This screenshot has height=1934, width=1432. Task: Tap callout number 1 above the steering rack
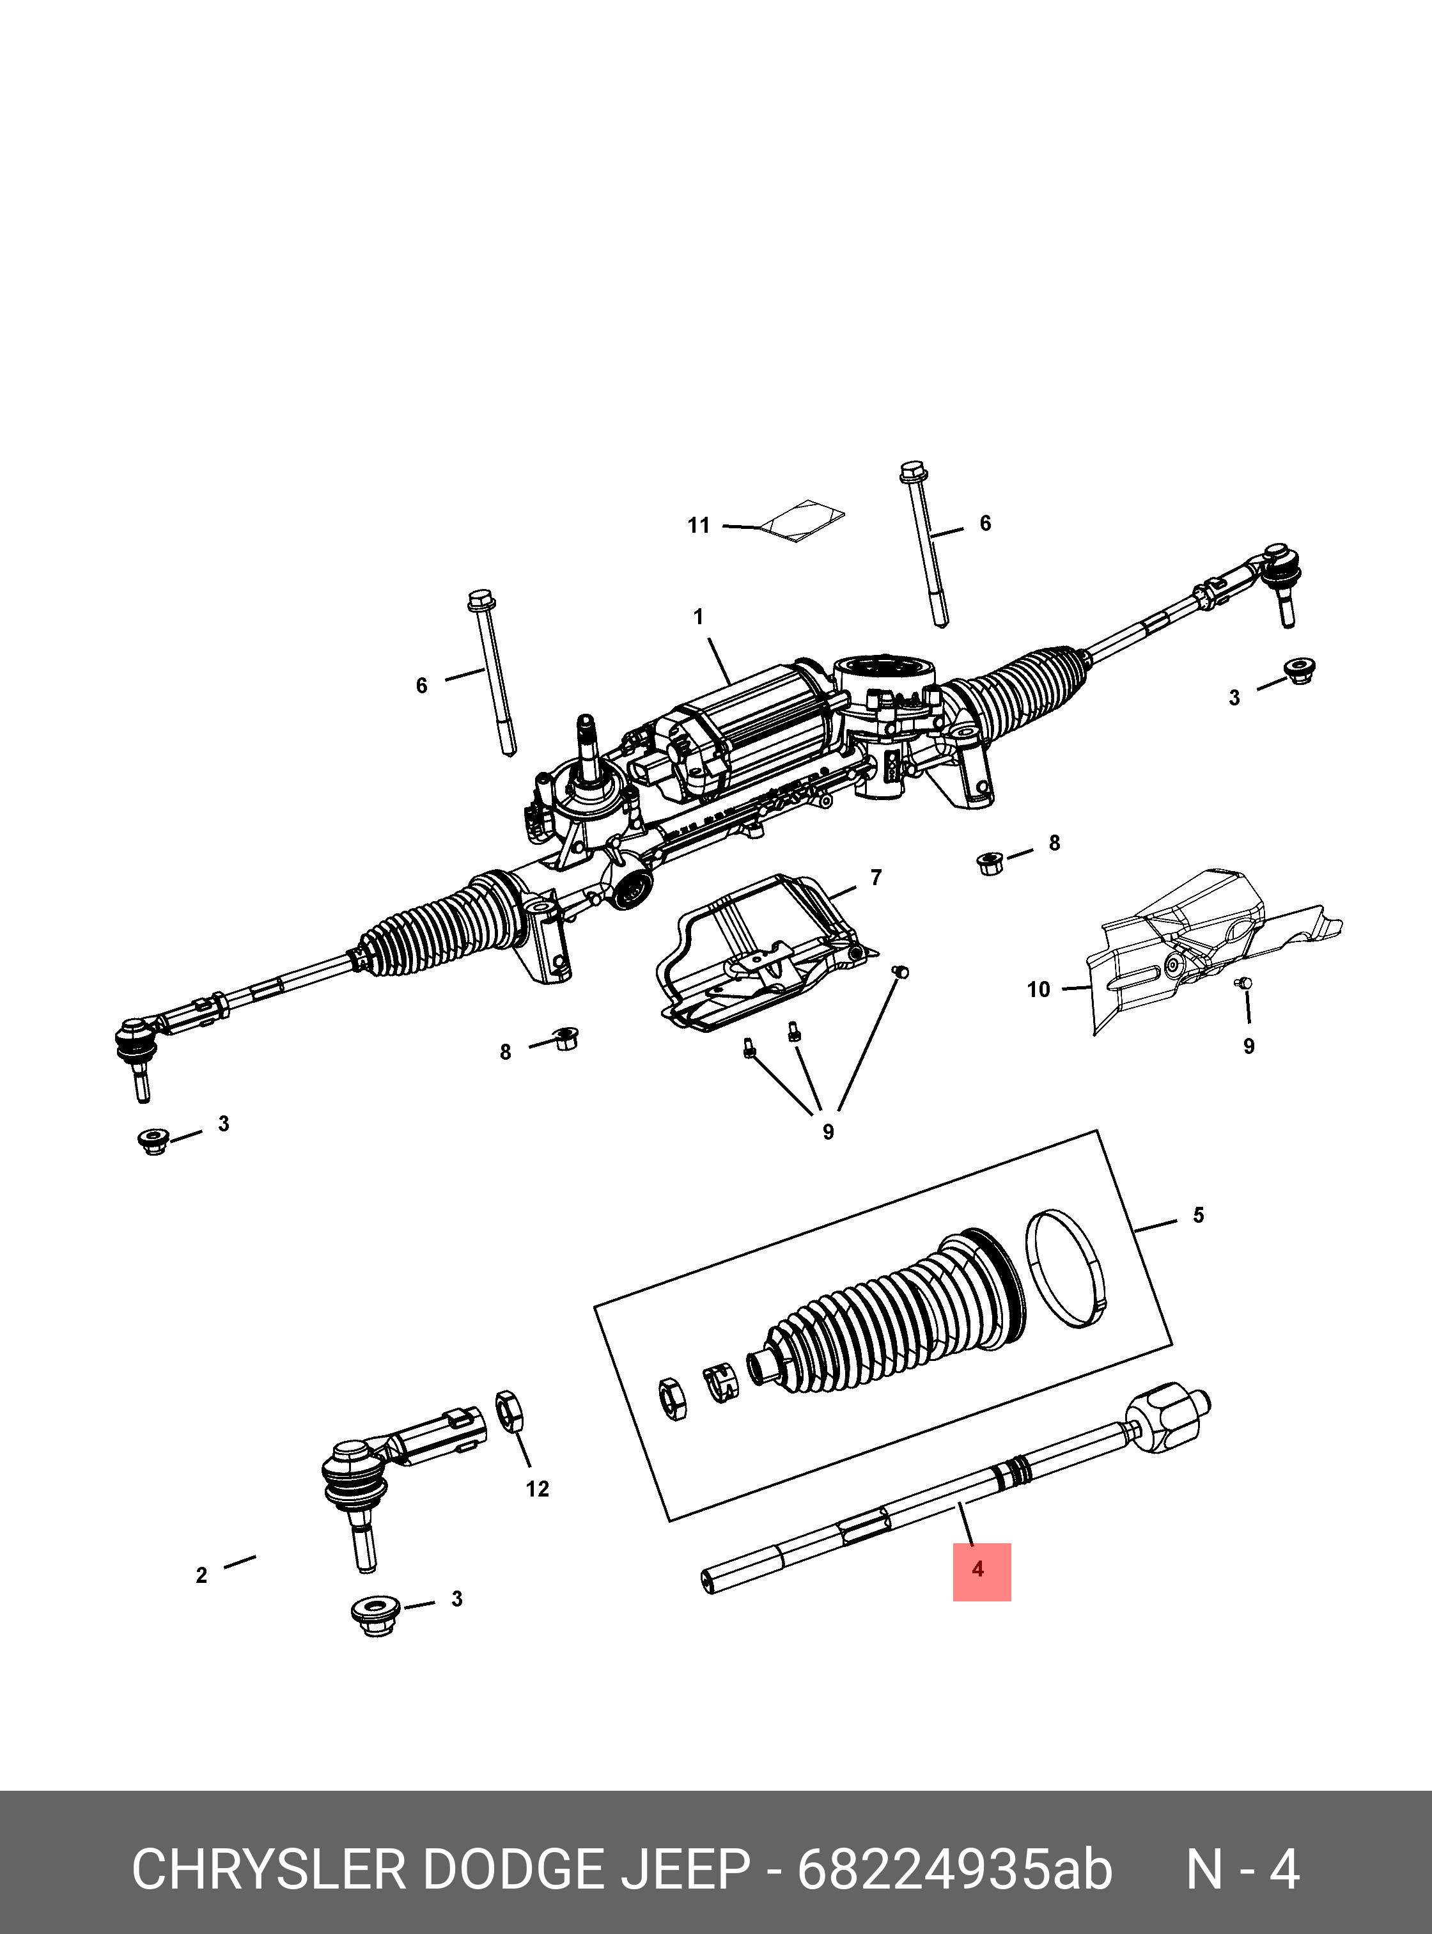(x=699, y=617)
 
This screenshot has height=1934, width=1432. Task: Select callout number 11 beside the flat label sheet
(x=699, y=526)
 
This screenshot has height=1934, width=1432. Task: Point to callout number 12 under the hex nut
(x=538, y=1489)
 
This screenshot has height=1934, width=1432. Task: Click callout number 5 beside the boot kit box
(x=1198, y=1215)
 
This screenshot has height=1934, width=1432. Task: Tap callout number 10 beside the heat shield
(x=1038, y=989)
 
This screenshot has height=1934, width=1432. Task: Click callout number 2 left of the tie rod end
(x=202, y=1574)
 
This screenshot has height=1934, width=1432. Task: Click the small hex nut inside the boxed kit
(x=673, y=1399)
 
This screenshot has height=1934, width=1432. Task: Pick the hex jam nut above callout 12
(x=509, y=1412)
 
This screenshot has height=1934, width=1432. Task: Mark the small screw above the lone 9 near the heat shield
(x=1245, y=982)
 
